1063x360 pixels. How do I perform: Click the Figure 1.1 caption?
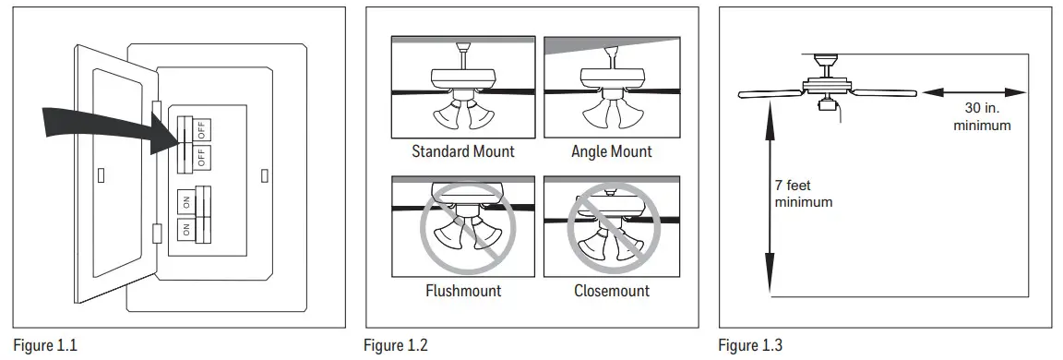[x=45, y=346]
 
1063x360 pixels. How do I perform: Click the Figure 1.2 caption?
[x=396, y=346]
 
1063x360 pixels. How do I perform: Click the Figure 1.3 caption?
[x=750, y=346]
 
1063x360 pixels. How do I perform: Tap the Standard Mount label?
[x=462, y=151]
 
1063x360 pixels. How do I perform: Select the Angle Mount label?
[x=611, y=151]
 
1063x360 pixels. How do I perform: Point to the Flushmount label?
[x=462, y=291]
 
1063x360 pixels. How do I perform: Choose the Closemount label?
[x=611, y=291]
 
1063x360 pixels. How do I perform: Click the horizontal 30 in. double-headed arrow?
[x=973, y=92]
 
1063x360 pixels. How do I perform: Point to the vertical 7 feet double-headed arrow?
[x=768, y=194]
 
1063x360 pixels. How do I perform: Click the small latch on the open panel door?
[x=102, y=173]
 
